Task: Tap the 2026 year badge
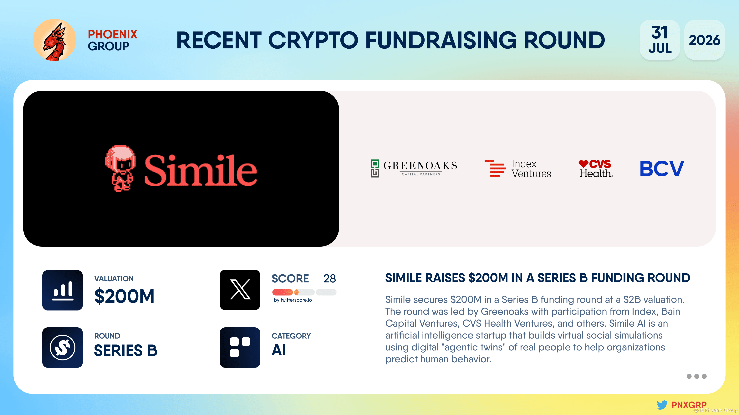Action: [x=704, y=40]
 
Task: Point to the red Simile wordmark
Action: [x=201, y=170]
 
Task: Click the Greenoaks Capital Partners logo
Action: [x=414, y=168]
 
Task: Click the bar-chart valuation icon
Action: [x=63, y=290]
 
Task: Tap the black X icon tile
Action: [x=240, y=290]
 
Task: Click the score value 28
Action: [x=330, y=278]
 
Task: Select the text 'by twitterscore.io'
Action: [x=293, y=300]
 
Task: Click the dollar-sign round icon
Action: [x=63, y=347]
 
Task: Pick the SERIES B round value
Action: [x=126, y=350]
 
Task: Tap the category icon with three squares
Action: [x=240, y=347]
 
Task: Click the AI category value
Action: [x=278, y=350]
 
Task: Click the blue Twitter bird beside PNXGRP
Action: [x=662, y=405]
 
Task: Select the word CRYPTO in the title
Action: [x=313, y=40]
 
